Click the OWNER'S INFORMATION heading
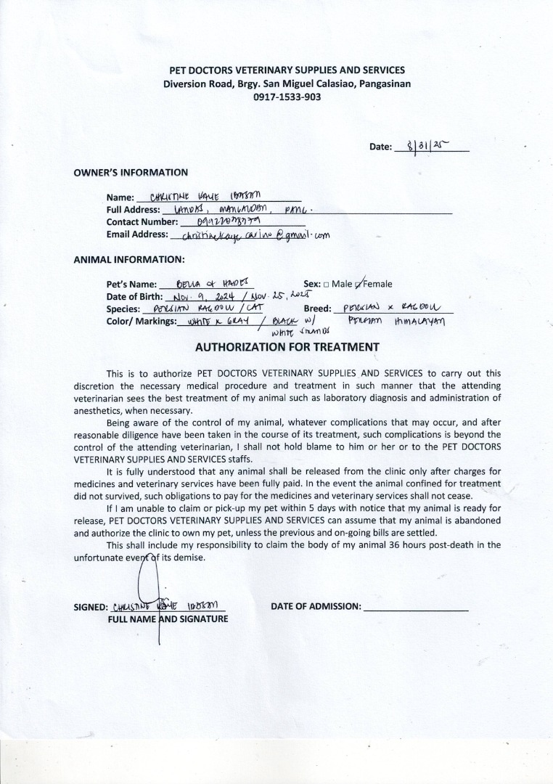pos(131,173)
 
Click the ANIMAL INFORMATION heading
pos(129,259)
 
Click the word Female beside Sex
pos(377,285)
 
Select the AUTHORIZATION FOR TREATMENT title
pos(287,347)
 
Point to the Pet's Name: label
pos(132,285)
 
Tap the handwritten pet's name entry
pos(206,283)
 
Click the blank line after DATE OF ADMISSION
pos(415,607)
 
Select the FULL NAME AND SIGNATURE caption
pos(168,619)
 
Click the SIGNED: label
pos(91,608)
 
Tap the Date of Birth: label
pos(135,297)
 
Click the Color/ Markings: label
pos(142,321)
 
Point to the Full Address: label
pos(133,210)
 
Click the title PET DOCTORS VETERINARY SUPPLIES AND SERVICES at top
pos(287,70)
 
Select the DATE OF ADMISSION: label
pos(316,606)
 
